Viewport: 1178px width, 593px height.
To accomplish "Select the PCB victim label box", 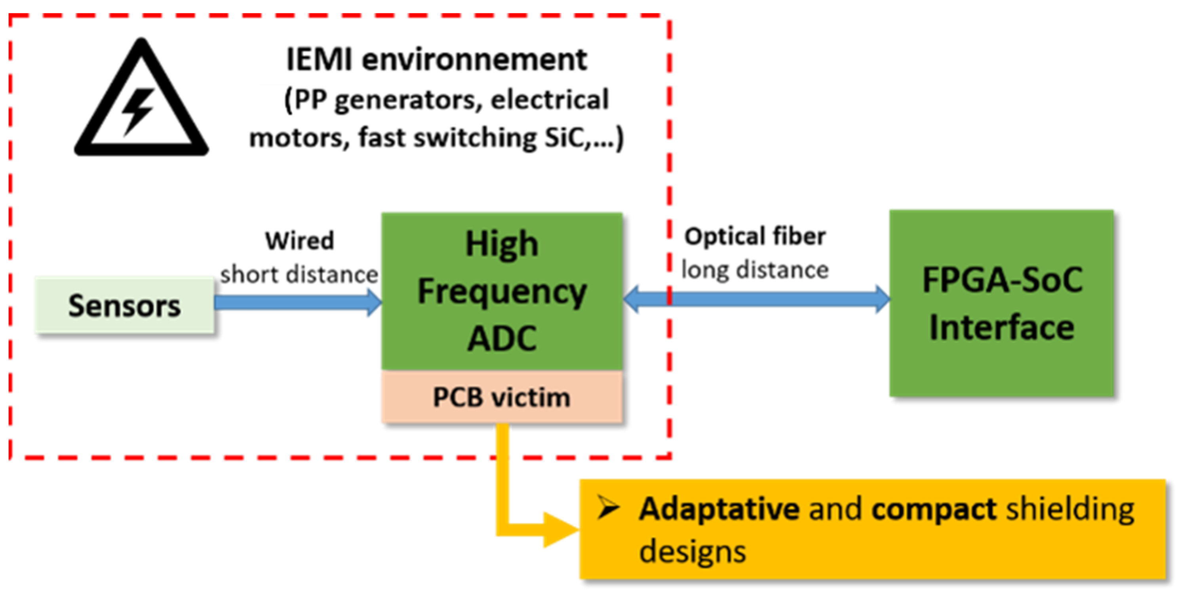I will (502, 397).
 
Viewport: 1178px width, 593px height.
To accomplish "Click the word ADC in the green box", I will (502, 339).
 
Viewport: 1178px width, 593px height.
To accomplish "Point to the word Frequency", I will (502, 292).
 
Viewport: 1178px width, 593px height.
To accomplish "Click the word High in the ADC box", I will (502, 244).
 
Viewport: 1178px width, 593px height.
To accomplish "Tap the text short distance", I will (299, 275).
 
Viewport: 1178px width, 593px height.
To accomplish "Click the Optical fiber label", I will (755, 236).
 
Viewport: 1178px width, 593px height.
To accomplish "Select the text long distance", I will (755, 270).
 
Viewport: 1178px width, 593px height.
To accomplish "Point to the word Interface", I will (1002, 328).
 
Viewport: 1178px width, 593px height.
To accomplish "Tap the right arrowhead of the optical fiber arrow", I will (882, 299).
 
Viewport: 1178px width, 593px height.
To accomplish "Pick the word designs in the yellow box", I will (693, 551).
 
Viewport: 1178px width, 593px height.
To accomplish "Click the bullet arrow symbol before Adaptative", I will (608, 507).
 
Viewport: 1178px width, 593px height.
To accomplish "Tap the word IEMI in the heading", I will (319, 60).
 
